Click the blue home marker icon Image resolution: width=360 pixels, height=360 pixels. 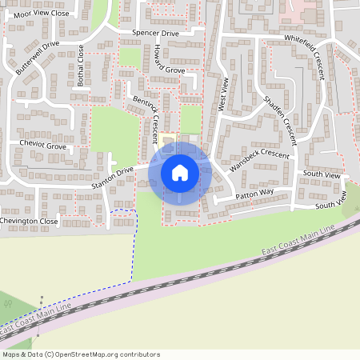[180, 172]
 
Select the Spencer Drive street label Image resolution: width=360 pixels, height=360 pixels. [155, 34]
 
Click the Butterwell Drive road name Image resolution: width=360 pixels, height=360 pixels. [38, 58]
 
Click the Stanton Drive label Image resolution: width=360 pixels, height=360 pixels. [112, 178]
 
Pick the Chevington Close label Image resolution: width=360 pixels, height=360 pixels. [30, 221]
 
